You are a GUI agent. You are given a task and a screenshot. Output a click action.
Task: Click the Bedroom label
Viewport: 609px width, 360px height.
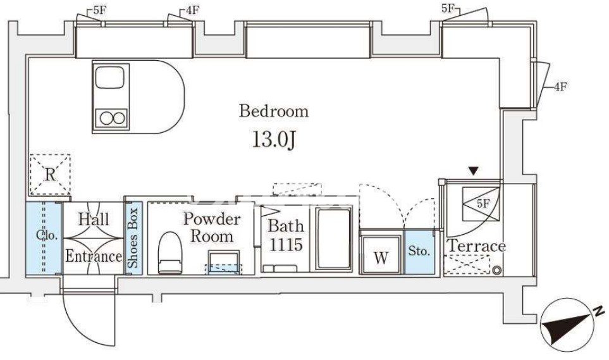point(274,111)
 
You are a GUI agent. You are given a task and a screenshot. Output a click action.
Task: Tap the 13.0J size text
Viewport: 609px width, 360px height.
point(274,140)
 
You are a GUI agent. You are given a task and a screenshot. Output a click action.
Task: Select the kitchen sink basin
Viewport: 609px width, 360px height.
point(110,77)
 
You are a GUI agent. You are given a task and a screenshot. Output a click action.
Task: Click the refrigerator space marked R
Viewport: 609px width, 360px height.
point(50,175)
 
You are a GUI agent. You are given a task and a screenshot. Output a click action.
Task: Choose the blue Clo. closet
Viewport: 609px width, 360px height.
point(44,237)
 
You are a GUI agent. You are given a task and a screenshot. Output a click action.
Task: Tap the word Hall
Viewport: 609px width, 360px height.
point(94,220)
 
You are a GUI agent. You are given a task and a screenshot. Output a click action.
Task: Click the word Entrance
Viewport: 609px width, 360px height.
point(94,256)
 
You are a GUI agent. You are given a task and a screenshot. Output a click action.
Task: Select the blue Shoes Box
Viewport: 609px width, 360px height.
point(133,238)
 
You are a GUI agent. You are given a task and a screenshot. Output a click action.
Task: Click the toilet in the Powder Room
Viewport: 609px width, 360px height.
point(170,252)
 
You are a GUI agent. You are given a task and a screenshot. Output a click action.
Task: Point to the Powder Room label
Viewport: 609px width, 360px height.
point(212,227)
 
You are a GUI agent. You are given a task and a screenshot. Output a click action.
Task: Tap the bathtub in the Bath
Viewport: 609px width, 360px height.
point(334,239)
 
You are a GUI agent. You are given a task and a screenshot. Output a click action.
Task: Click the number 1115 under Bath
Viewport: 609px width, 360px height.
point(286,245)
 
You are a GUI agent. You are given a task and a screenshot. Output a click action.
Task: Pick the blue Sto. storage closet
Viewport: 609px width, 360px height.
point(419,252)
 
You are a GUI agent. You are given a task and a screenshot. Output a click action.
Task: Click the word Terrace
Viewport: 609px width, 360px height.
point(477,246)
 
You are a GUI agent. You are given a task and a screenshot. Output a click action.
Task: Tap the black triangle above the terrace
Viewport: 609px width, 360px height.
point(473,171)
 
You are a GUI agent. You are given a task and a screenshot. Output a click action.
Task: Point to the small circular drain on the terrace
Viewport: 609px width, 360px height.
point(497,270)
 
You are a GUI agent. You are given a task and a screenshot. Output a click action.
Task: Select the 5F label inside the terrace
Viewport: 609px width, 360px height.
point(483,204)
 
